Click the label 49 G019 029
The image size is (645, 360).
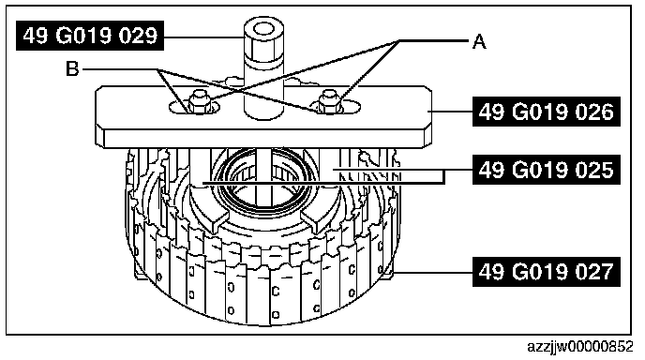[90, 36]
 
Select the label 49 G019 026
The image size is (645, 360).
[547, 112]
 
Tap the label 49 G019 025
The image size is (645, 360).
[547, 170]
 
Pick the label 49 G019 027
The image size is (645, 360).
[547, 272]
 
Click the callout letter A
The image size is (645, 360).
[479, 42]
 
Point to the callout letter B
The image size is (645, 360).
[72, 69]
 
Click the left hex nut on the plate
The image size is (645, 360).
[199, 103]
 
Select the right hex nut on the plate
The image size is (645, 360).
[330, 101]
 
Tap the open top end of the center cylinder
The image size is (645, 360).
[263, 29]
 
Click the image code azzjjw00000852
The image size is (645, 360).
[580, 347]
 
